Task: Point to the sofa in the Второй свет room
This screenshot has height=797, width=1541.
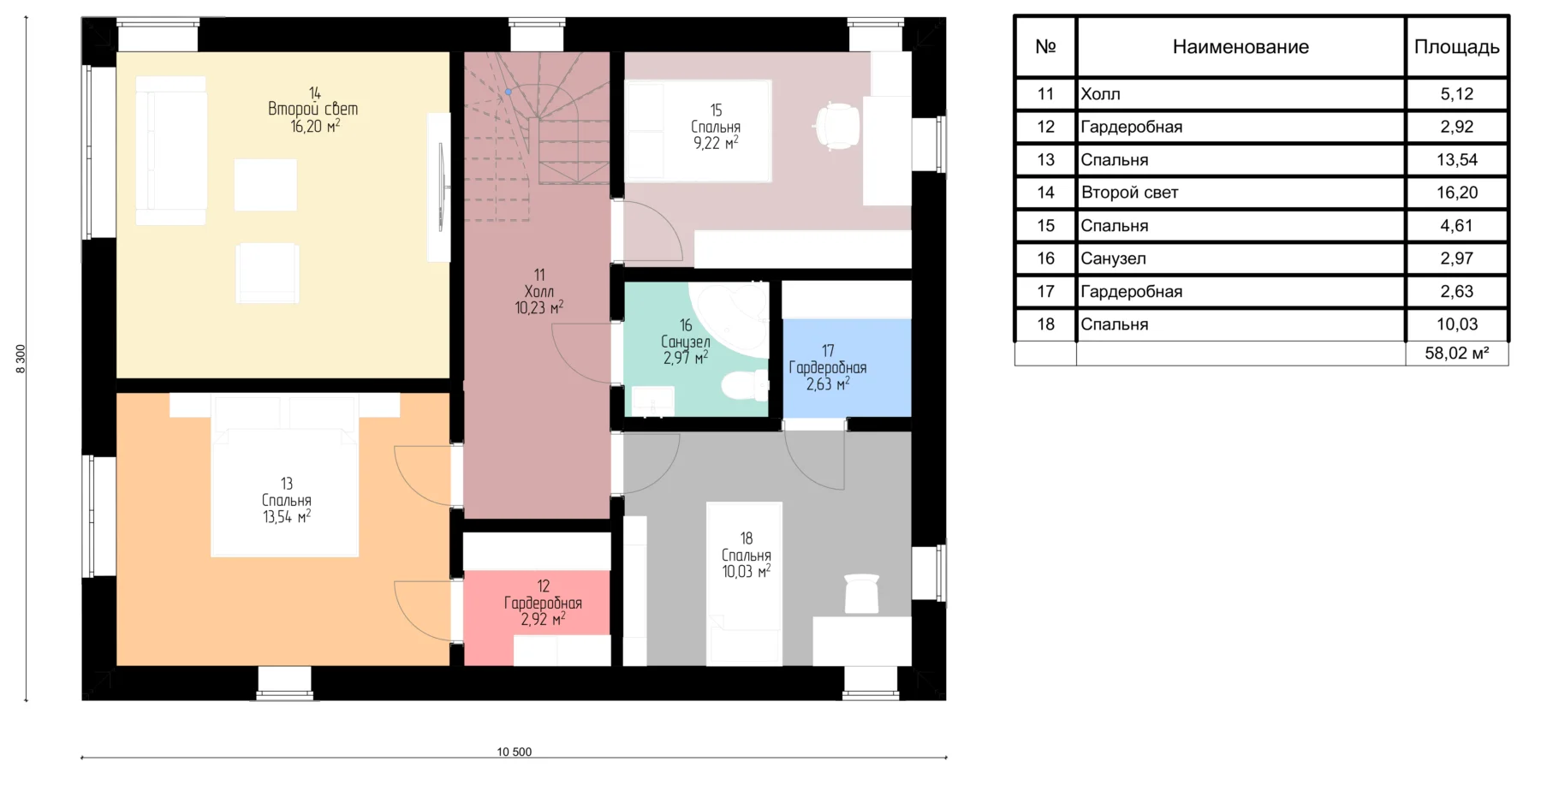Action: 171,151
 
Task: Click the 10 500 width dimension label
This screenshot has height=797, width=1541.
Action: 515,752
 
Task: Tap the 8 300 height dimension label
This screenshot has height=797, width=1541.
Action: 21,359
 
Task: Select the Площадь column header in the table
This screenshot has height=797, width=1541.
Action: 1456,47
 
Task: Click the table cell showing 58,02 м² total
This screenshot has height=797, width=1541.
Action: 1456,354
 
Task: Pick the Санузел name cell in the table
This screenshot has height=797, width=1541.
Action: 1241,259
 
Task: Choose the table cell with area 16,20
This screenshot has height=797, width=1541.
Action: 1456,193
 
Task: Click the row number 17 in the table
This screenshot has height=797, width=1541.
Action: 1045,291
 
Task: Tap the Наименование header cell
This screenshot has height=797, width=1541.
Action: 1241,47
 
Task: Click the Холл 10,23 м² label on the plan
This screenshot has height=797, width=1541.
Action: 539,291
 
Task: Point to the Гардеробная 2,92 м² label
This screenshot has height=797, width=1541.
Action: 543,603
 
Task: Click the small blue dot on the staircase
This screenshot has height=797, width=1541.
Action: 509,92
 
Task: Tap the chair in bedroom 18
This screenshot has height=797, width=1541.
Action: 862,593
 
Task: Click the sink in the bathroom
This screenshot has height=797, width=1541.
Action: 653,401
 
